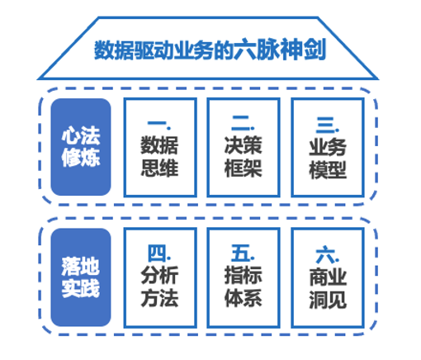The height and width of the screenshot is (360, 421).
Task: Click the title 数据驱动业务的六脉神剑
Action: (x=210, y=50)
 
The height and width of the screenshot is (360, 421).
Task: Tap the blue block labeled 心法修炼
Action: (x=81, y=147)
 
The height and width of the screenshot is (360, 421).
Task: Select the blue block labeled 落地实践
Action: (x=81, y=277)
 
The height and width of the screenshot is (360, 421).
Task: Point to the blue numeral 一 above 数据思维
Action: (x=157, y=123)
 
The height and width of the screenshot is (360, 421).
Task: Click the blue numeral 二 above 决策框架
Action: (x=241, y=123)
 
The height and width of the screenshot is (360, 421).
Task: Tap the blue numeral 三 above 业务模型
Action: (x=325, y=125)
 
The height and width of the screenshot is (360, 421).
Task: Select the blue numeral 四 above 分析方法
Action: (x=157, y=253)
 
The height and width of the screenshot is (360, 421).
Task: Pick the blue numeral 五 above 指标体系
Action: (x=240, y=253)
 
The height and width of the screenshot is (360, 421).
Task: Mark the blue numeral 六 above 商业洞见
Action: (x=325, y=255)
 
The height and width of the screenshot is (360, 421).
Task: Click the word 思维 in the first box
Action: (x=159, y=168)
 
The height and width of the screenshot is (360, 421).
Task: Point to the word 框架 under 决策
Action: (x=244, y=168)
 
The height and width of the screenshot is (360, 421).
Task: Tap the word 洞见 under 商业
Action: (x=328, y=300)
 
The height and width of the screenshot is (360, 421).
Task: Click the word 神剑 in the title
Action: (x=303, y=50)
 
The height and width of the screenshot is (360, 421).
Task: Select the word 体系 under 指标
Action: (x=244, y=298)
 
